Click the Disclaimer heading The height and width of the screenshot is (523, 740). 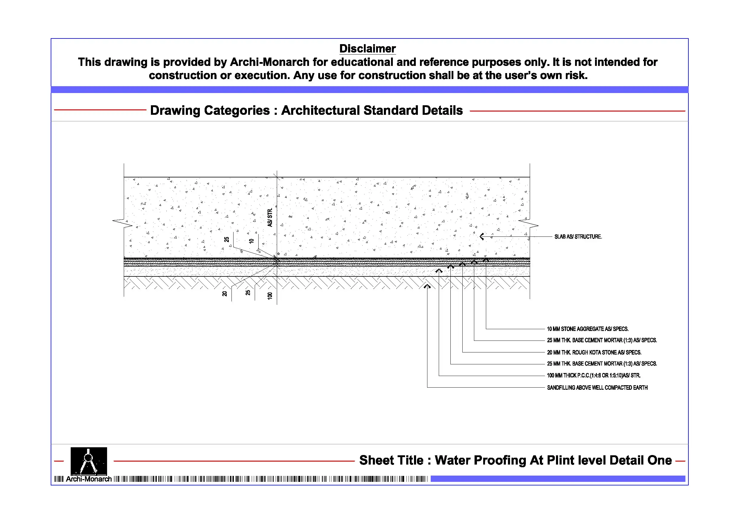click(x=367, y=49)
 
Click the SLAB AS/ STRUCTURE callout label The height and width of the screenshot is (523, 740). click(x=578, y=236)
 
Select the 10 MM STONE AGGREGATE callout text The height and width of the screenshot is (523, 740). click(x=588, y=329)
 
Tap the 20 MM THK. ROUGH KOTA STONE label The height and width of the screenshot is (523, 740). click(x=594, y=352)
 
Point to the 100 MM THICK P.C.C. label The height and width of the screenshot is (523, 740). click(x=593, y=375)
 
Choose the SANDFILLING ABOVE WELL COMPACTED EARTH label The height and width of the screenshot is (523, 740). click(x=597, y=387)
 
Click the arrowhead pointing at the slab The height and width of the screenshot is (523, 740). click(x=482, y=236)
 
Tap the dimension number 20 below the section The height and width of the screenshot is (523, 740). click(x=225, y=294)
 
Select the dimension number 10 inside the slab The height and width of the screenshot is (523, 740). click(x=252, y=241)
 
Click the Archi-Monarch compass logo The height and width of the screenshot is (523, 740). click(x=89, y=460)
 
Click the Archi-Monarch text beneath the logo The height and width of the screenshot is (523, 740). click(x=89, y=479)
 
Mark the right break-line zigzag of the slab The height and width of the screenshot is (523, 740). click(x=528, y=223)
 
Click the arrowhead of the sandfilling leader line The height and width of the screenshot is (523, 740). click(x=427, y=286)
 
